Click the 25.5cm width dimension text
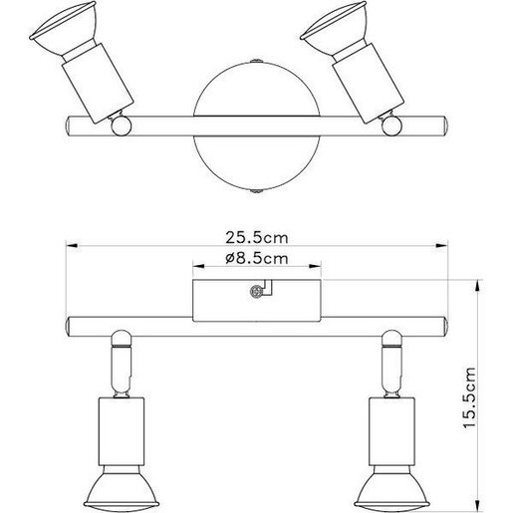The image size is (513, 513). [x=256, y=239]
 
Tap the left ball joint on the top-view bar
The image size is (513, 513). [x=121, y=126]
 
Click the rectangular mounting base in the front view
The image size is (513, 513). [x=224, y=301]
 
